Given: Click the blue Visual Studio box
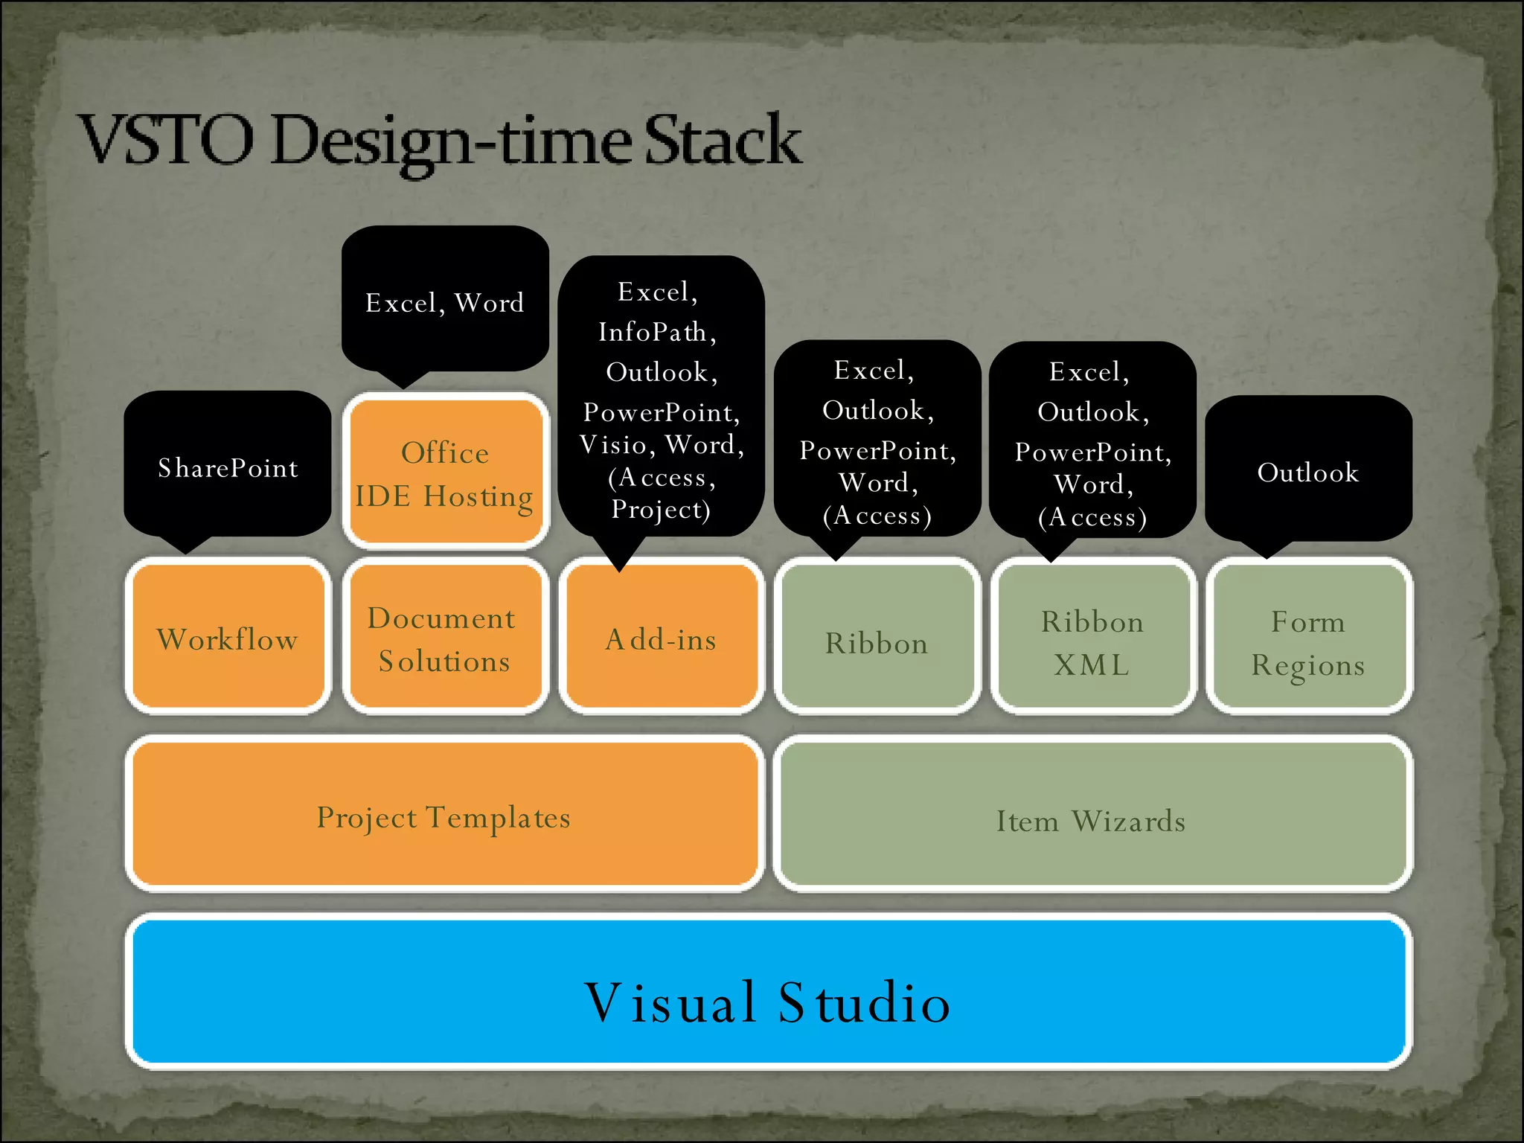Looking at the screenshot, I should [768, 993].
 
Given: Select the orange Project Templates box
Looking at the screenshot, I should [444, 814].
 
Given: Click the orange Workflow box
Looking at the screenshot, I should [228, 637].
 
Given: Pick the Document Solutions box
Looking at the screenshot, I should [444, 637].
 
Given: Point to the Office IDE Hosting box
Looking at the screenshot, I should [445, 472].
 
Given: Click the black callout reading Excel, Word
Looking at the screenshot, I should [445, 301].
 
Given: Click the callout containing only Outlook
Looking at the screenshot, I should [1308, 470].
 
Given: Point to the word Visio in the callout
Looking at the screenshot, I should [613, 445].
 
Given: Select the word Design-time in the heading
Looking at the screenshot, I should [454, 141].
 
